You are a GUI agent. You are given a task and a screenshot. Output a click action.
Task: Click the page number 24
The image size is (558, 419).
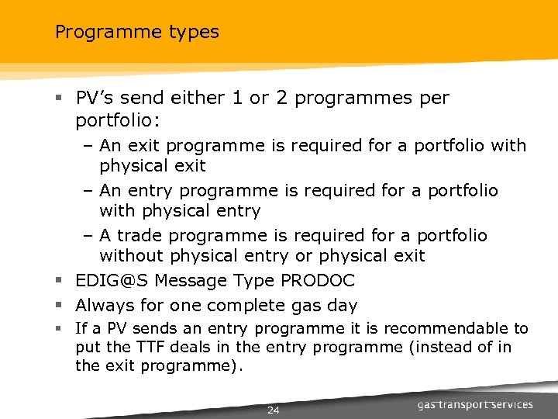[273, 410]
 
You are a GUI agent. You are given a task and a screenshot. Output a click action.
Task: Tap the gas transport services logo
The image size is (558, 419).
[474, 404]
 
